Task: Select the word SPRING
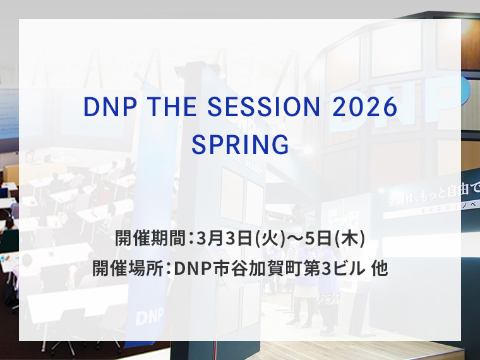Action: coord(240,145)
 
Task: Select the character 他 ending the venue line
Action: coord(380,268)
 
